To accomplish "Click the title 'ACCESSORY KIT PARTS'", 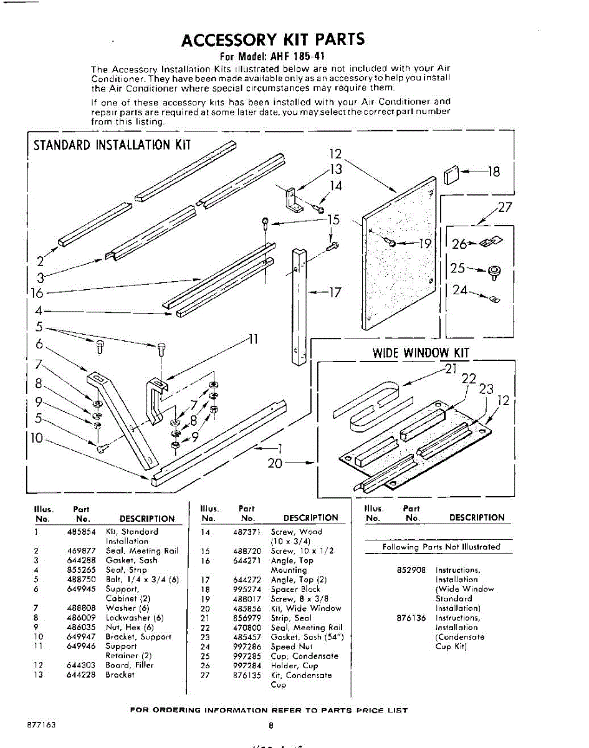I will pos(273,40).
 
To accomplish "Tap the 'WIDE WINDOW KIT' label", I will pos(420,353).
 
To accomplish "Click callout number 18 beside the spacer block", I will pos(494,171).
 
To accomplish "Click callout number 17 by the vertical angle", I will pos(334,292).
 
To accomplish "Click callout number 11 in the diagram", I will pos(252,340).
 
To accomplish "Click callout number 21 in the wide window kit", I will pos(451,368).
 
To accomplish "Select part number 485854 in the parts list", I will pos(81,532).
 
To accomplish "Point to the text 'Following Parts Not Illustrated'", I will pos(441,547).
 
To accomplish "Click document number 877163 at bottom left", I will pos(42,726).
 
